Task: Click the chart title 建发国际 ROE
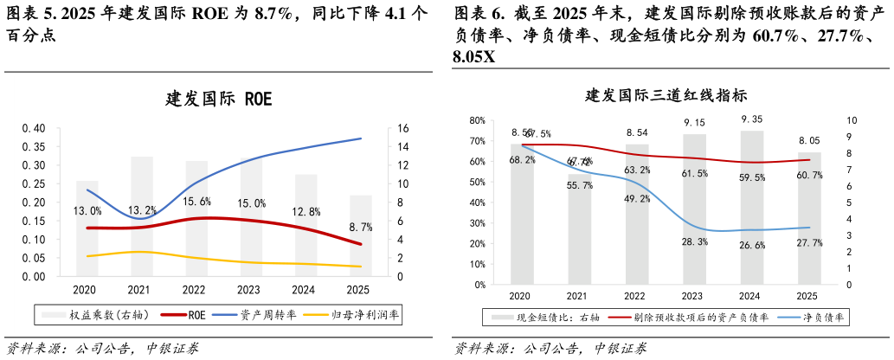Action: pos(219,99)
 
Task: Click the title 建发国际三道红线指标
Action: pos(667,95)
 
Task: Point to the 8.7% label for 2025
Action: pos(361,227)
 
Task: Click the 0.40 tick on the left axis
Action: pos(32,128)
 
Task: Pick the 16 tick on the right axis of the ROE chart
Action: pos(403,128)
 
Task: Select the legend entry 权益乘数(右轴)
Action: pos(108,315)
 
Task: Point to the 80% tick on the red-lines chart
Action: pos(477,120)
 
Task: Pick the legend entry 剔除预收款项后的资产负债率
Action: pos(701,318)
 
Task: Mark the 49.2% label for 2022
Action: pos(637,198)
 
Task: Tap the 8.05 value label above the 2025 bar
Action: pos(809,140)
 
